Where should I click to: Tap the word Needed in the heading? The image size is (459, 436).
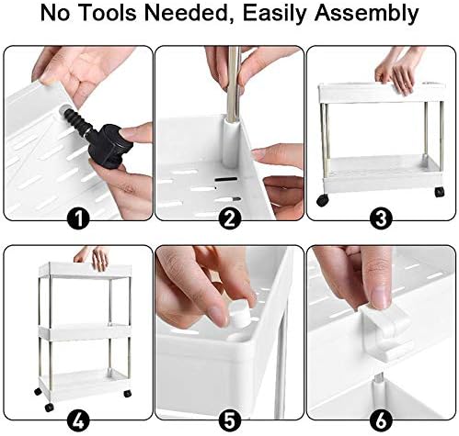tap(201, 16)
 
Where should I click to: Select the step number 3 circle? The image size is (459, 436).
tap(381, 219)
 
